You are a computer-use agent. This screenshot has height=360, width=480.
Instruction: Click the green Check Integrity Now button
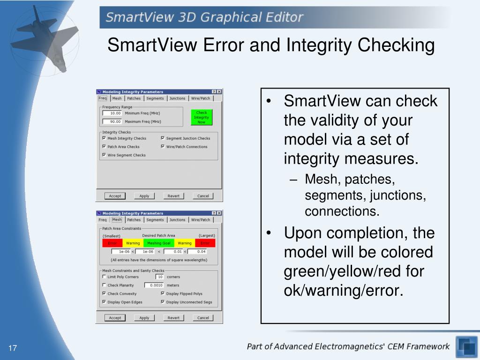(202, 117)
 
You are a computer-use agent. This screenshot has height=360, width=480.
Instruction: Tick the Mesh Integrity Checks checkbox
(104, 138)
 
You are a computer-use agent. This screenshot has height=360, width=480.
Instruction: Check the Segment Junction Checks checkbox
(163, 138)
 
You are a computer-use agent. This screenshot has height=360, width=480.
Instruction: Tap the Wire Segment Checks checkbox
(104, 155)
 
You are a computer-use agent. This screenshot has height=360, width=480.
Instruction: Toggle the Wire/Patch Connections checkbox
(163, 147)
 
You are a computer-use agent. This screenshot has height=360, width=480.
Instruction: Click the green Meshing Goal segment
(159, 243)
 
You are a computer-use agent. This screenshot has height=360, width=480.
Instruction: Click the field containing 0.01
(173, 252)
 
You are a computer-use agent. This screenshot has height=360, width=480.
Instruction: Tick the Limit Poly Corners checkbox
(104, 277)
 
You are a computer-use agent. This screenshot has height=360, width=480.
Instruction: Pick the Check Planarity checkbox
(104, 285)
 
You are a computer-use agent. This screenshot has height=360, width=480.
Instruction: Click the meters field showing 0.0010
(154, 285)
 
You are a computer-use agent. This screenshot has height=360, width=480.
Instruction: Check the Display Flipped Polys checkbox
(163, 294)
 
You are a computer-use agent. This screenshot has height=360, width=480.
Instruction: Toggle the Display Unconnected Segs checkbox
(163, 302)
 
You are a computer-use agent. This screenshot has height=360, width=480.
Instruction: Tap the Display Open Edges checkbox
(104, 302)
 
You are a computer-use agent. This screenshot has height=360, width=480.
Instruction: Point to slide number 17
(12, 348)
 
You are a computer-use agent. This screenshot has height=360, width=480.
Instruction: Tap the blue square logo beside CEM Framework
(466, 347)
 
